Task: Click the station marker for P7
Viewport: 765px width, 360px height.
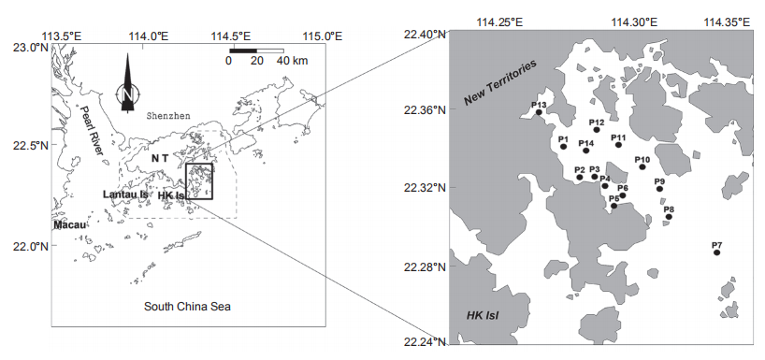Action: tap(716, 252)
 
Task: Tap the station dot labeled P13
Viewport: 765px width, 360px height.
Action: tap(539, 112)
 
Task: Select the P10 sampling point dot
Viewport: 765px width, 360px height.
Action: tap(642, 166)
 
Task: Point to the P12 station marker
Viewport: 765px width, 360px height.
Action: tap(597, 129)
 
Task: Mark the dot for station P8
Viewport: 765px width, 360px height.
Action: tap(669, 217)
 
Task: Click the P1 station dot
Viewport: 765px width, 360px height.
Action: tap(564, 147)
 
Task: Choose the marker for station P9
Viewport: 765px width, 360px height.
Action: tap(659, 189)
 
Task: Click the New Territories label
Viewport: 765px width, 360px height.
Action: tap(500, 82)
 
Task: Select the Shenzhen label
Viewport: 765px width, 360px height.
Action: tap(168, 116)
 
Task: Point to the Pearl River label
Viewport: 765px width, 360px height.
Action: tap(92, 130)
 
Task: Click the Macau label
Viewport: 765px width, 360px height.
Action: tap(71, 224)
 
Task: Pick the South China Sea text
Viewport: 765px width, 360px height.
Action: tap(187, 307)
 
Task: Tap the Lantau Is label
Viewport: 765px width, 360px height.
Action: tap(125, 194)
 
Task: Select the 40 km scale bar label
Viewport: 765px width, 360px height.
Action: tap(292, 61)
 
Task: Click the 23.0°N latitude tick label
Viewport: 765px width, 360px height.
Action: tap(24, 48)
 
